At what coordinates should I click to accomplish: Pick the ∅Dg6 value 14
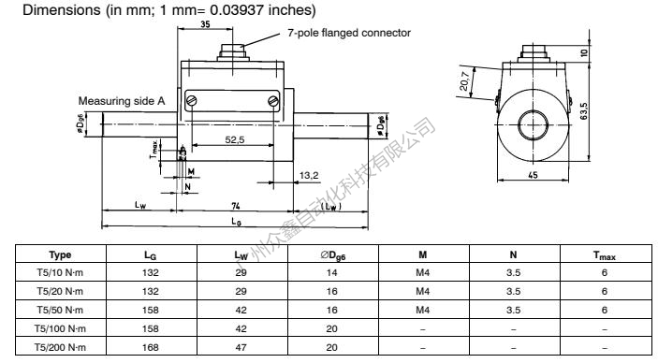tap(333, 272)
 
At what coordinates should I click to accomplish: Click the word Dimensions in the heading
tap(38, 9)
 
